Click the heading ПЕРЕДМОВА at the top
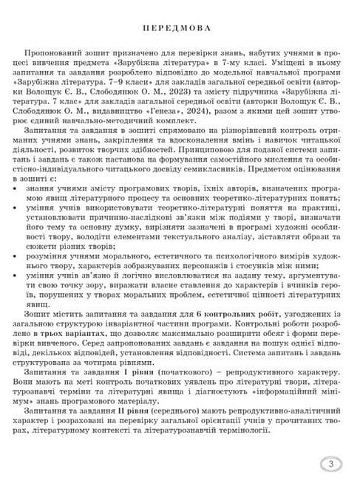(180, 28)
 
